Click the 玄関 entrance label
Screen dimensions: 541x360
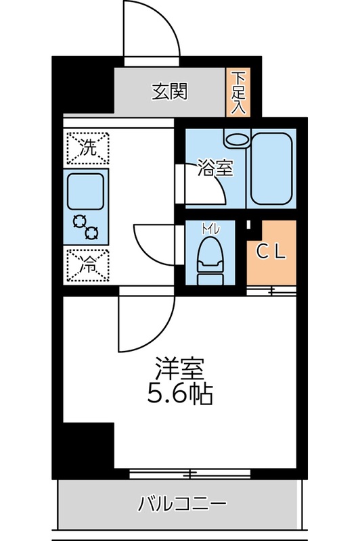point(168,91)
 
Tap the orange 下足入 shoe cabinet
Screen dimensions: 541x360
point(238,92)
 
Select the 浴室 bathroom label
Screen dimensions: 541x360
point(215,168)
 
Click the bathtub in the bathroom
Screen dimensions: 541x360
point(272,168)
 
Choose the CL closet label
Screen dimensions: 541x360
point(271,252)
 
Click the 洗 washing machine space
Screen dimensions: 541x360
point(88,147)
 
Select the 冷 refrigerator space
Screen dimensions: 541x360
point(88,264)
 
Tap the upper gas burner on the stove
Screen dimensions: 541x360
point(79,221)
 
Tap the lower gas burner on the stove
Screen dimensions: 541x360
point(91,233)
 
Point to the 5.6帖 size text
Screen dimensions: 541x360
point(179,394)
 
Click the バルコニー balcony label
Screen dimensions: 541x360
point(181,503)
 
